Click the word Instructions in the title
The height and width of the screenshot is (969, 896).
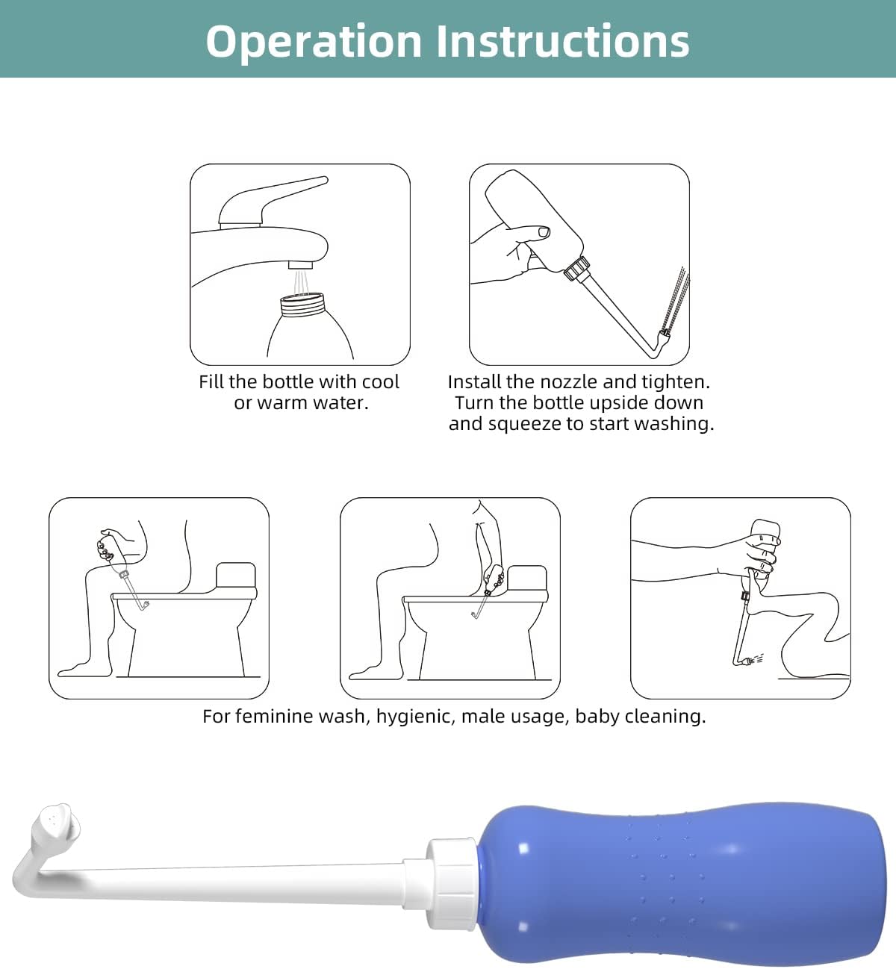[562, 41]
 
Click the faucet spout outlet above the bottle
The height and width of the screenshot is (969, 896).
[300, 265]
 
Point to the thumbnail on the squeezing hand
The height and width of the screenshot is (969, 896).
[543, 231]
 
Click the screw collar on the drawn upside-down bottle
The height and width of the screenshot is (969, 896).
[576, 268]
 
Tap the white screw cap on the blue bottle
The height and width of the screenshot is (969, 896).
[452, 883]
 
